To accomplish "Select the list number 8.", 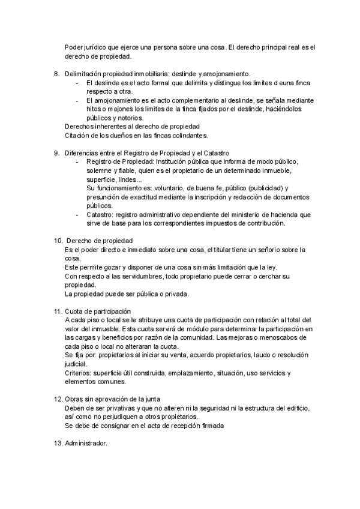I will point(56,73).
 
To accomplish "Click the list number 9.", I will point(56,153).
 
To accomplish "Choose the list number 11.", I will point(58,312).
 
